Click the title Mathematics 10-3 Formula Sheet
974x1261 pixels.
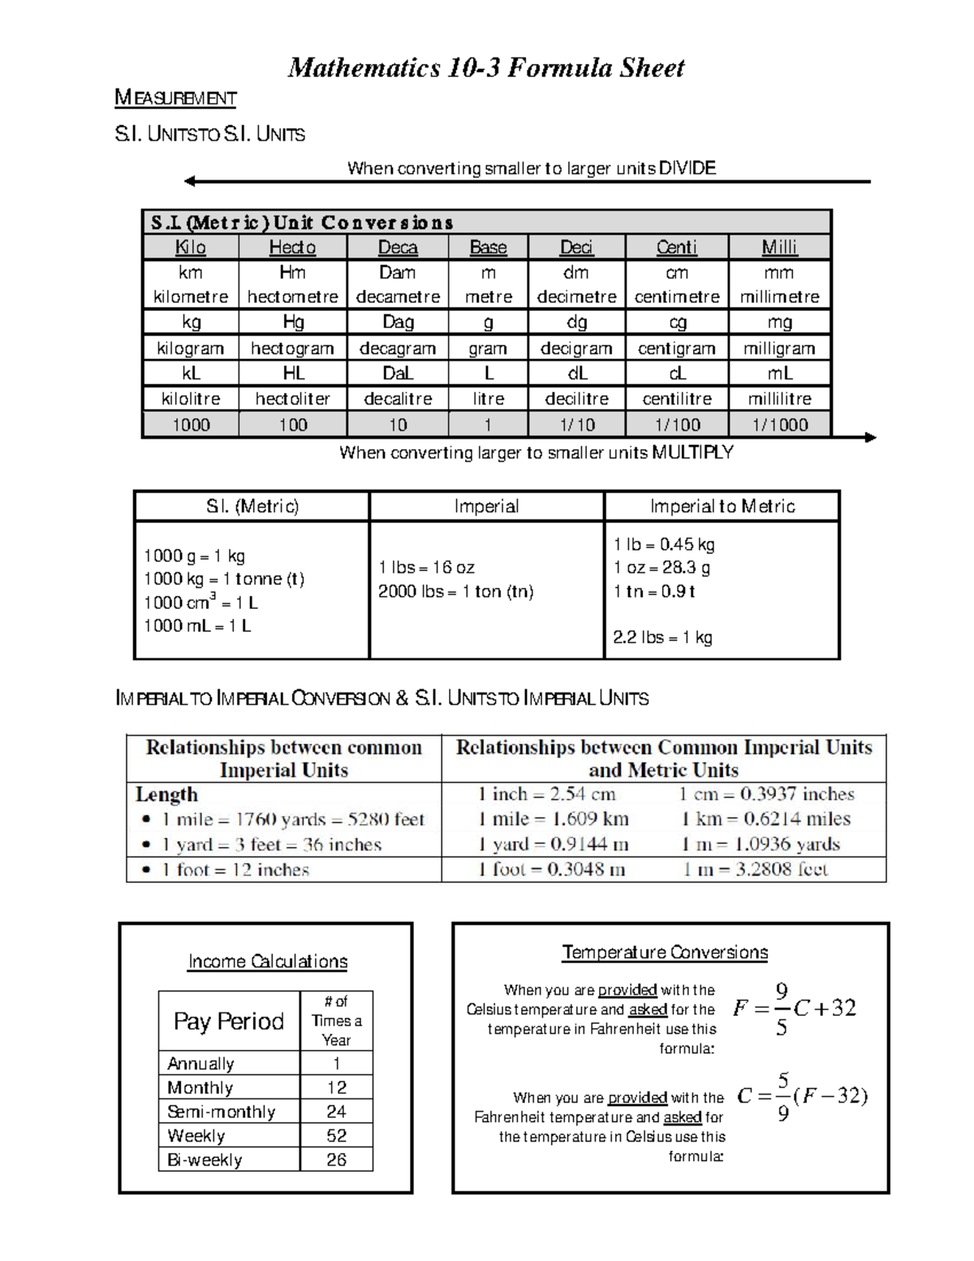485,67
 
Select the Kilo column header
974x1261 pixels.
191,247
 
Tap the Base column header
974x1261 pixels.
488,247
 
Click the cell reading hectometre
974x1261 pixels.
292,297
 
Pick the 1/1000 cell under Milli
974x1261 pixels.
779,425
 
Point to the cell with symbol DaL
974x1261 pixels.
398,374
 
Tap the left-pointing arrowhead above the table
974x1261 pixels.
190,181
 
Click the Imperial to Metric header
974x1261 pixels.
722,507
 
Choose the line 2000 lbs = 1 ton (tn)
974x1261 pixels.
455,591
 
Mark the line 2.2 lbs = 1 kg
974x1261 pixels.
662,637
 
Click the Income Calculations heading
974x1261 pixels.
267,961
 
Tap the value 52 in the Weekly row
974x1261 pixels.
336,1135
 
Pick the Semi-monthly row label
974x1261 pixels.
221,1112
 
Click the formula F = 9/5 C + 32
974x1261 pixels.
794,1008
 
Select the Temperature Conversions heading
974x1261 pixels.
665,952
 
